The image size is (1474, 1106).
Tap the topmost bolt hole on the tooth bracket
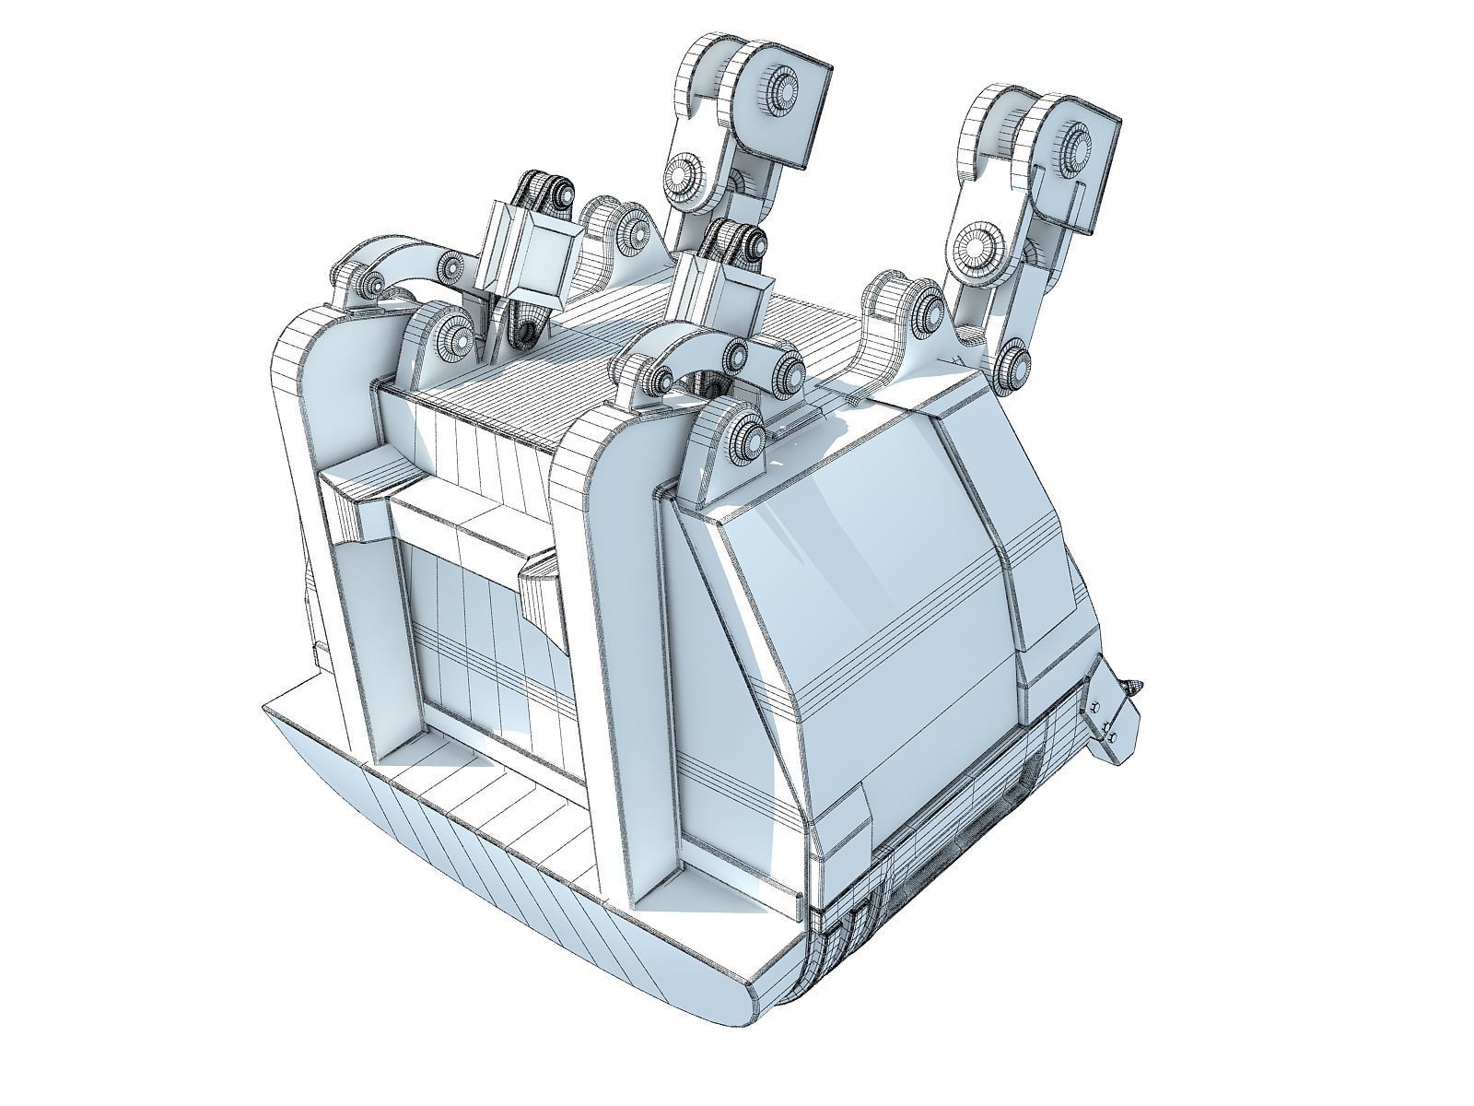pyautogui.click(x=1094, y=706)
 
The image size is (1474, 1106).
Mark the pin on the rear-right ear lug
pyautogui.click(x=925, y=305)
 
